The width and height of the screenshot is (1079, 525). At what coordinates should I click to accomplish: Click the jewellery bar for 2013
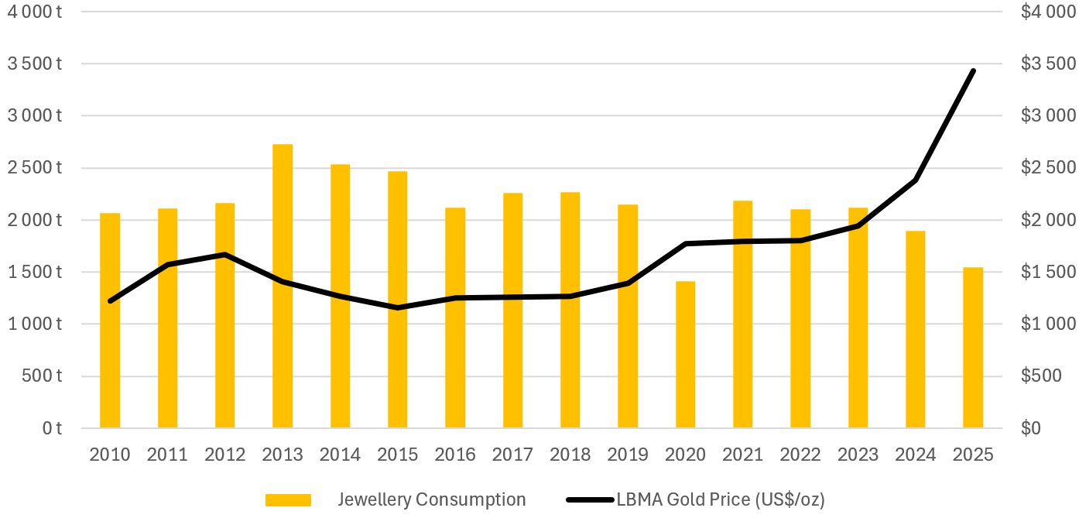tap(283, 287)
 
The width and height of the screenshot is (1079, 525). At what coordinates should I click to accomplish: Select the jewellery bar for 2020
tap(685, 355)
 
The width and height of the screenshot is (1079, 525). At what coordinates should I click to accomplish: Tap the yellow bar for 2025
tap(973, 348)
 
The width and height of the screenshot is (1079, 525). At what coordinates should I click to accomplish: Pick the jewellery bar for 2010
tap(110, 321)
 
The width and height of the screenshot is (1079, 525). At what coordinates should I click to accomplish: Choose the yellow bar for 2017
tap(512, 311)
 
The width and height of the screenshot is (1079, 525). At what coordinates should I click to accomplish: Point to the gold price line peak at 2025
tap(973, 71)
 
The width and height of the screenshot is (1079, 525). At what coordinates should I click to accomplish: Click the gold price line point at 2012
tap(225, 255)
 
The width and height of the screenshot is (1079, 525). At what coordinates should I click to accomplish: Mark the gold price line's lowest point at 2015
tap(398, 307)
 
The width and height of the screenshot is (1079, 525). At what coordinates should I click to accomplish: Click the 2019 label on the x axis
tap(628, 455)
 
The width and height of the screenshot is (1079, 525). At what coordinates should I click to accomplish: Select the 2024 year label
tap(916, 455)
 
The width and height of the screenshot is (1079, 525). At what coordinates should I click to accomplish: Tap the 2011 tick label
tap(167, 455)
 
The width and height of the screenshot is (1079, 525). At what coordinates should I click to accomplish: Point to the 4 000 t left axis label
tap(34, 12)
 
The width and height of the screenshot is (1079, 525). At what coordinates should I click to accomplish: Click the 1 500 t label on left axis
tap(34, 272)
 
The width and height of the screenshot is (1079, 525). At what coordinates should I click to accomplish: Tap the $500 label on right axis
tap(1042, 376)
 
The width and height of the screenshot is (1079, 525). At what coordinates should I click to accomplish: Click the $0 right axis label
tap(1031, 428)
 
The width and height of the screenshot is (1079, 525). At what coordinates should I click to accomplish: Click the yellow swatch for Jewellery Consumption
tap(288, 500)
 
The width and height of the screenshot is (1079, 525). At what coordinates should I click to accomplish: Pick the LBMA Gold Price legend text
tap(721, 500)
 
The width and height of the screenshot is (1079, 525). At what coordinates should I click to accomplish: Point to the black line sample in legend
tap(589, 500)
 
